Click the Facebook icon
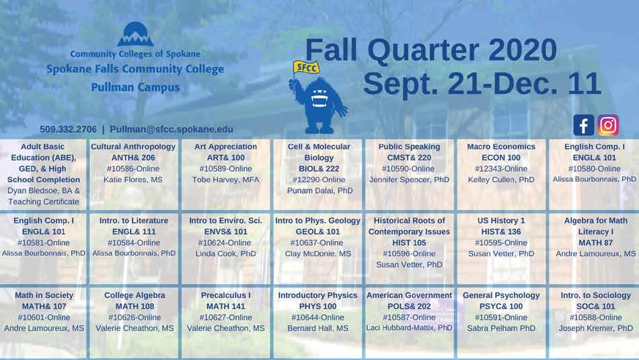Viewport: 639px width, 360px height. point(584,124)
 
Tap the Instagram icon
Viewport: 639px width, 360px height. point(608,124)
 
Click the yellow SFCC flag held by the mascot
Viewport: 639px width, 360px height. point(305,68)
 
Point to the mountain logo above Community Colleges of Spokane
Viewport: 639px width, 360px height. point(135,34)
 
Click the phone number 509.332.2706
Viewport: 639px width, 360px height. point(68,129)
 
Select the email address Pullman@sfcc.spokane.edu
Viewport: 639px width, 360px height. point(171,129)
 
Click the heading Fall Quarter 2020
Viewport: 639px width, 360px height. point(430,50)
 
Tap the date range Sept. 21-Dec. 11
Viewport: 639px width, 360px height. point(482,83)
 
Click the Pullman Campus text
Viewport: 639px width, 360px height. point(135,87)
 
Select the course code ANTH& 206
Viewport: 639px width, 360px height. point(133,157)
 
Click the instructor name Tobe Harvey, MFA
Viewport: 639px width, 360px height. point(226,180)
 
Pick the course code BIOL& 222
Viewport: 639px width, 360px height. point(319,168)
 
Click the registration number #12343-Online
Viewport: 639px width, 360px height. point(501,168)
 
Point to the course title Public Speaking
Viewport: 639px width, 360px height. point(409,147)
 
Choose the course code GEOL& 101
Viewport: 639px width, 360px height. point(318,231)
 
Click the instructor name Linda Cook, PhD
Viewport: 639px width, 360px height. point(226,253)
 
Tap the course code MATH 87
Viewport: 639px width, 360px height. point(596,242)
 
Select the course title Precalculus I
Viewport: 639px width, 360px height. point(226,295)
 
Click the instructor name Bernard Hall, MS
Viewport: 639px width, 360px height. point(318,328)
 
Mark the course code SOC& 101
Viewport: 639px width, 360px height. point(596,305)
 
